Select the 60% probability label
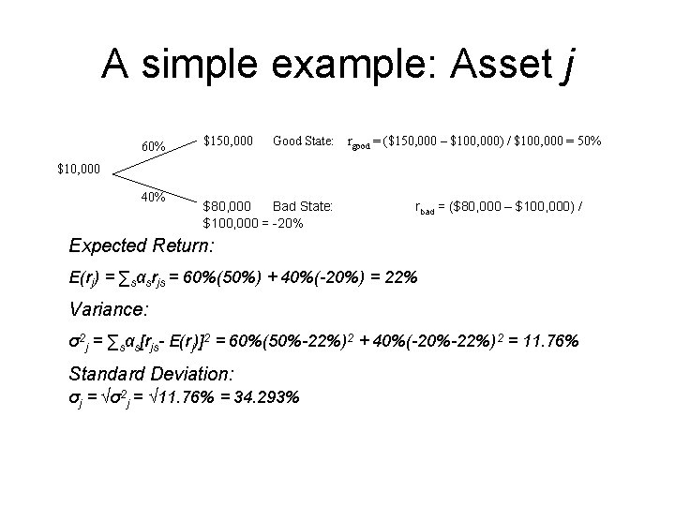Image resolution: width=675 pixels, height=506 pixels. pos(154,147)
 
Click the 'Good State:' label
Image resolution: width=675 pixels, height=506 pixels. pos(303,141)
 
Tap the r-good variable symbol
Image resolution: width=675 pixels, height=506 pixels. pos(358,143)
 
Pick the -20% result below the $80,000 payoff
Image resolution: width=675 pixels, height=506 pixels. pos(289,223)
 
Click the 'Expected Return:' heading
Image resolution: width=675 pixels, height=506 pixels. pos(142,246)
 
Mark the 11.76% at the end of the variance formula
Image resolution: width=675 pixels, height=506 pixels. pos(547,341)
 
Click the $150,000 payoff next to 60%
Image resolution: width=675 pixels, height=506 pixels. pos(229,141)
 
